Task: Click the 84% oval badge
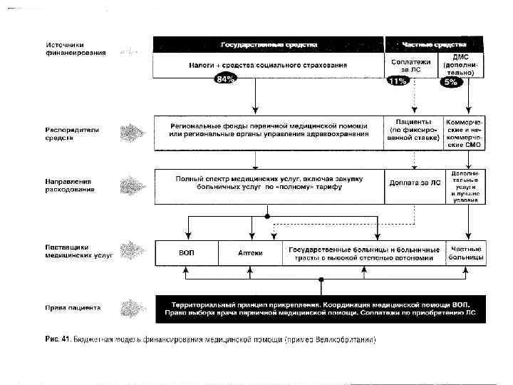(x=225, y=79)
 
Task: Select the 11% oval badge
(x=397, y=81)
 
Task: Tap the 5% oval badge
(x=450, y=81)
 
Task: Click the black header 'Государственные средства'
(x=268, y=43)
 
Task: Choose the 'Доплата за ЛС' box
(x=414, y=184)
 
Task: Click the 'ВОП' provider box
(x=186, y=253)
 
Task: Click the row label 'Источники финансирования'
(x=73, y=48)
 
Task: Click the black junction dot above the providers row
(x=266, y=215)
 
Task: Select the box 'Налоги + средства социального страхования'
(x=268, y=65)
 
